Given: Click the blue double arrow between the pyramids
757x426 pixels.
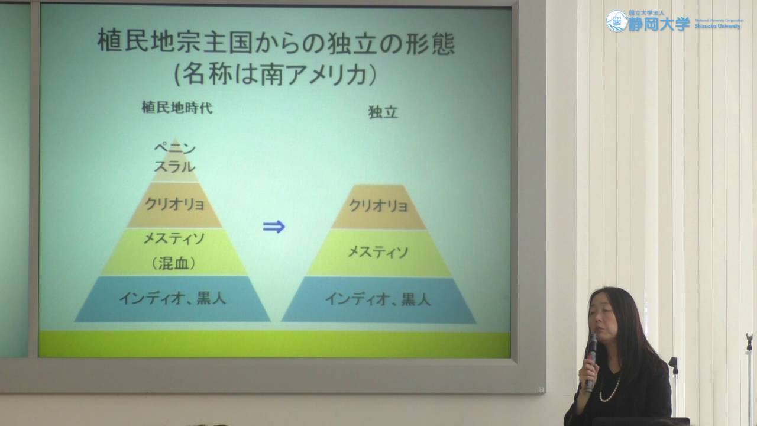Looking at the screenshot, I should coord(274,227).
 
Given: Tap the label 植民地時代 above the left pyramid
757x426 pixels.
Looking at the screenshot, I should coord(177,108).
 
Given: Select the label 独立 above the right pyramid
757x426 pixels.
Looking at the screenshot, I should coord(383,112).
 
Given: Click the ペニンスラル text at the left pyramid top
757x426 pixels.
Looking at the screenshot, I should coord(174,157).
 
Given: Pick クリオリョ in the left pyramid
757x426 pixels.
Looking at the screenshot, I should coord(174,205).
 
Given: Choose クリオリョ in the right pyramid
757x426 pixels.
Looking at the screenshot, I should coord(378,206).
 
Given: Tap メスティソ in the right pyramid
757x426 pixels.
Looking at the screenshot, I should coord(378,253).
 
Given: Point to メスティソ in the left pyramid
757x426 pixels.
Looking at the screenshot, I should coord(174,239).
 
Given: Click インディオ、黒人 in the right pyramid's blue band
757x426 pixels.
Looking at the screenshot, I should coord(378,299).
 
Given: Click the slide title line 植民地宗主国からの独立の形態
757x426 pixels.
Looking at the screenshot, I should coord(276,43).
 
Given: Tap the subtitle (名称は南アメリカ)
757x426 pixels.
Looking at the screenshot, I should coord(276,75).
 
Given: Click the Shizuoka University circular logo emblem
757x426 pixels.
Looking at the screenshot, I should coord(616,22).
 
